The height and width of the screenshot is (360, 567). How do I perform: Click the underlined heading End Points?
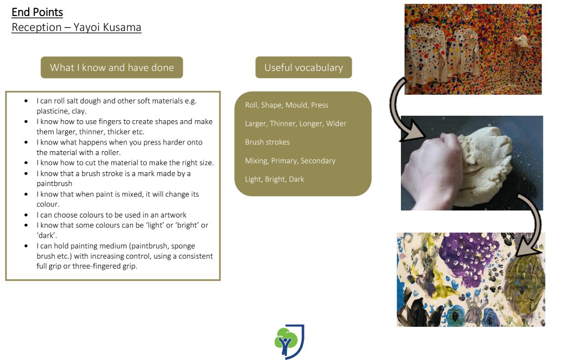pos(37,12)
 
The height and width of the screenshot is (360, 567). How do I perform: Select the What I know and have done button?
pos(112,68)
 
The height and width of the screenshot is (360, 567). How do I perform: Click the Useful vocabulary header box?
pos(303,68)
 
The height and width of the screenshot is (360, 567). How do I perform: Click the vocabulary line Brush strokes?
pos(267,142)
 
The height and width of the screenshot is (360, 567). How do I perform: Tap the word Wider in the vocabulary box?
pos(336,124)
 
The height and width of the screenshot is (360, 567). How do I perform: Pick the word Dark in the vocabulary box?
pos(297,179)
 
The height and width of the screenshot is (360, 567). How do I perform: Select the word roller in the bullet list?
pos(111,152)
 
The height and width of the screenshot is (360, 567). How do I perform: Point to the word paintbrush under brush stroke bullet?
pos(54,183)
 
